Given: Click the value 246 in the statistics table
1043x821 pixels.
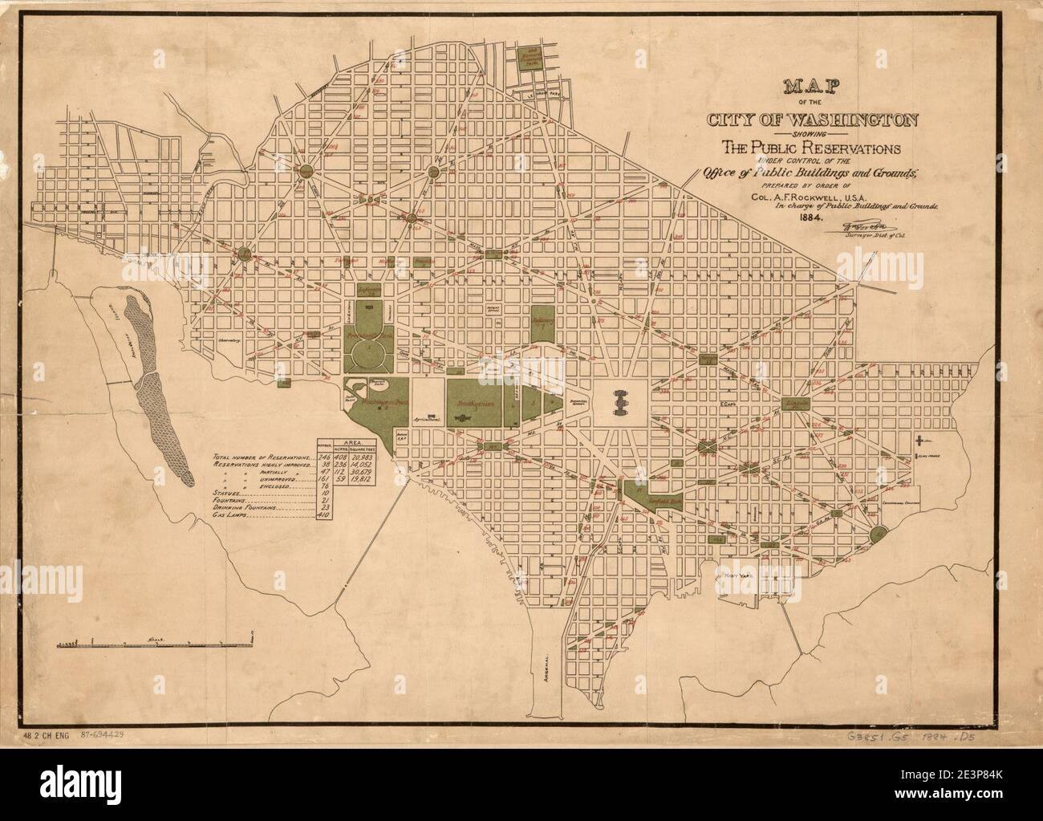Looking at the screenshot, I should pyautogui.click(x=324, y=456).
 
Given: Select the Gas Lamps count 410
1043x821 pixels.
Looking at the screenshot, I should pyautogui.click(x=325, y=515).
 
